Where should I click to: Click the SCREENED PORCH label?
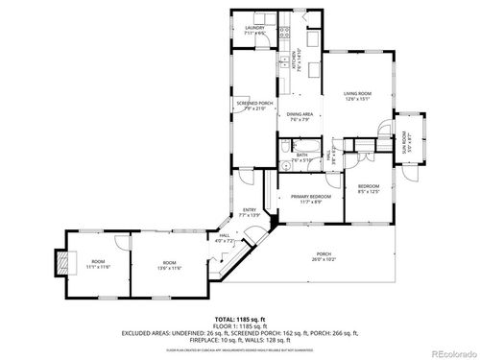click(254, 106)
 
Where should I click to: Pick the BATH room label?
click(301, 156)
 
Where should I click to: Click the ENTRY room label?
click(249, 212)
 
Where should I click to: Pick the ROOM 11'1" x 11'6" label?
click(98, 264)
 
